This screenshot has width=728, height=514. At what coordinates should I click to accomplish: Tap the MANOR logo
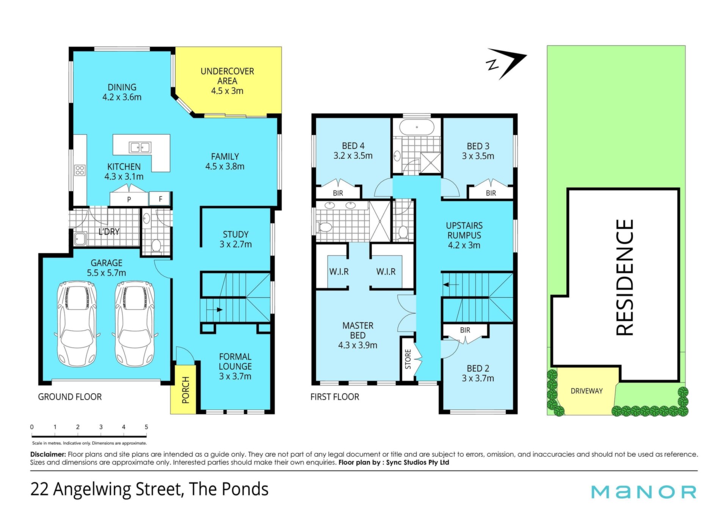[x=644, y=492]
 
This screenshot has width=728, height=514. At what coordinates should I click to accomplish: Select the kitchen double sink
[x=140, y=147]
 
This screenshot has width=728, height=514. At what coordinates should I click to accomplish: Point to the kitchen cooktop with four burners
[x=80, y=170]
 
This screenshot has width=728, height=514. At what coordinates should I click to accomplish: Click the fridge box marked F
[x=160, y=198]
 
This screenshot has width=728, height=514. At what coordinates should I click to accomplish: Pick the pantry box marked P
[x=129, y=199]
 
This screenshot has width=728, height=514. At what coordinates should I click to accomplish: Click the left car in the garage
[x=77, y=323]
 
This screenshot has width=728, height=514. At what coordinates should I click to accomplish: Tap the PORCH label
[x=185, y=390]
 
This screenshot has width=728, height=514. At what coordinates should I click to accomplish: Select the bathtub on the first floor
[x=417, y=127]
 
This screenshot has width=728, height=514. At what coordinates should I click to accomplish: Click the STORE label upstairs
[x=408, y=359]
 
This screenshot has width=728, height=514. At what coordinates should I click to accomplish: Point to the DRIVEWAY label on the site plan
[x=587, y=391]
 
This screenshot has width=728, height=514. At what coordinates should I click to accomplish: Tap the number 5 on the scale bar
[x=146, y=427]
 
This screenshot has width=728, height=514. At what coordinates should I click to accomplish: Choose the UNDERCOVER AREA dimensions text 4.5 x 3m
[x=227, y=91]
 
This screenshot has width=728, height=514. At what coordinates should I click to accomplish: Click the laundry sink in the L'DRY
[x=80, y=239]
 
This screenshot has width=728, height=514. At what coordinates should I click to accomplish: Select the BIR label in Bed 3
[x=491, y=193]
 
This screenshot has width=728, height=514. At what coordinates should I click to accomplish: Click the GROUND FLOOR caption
[x=70, y=397]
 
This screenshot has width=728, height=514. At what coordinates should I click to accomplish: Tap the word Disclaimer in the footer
[x=48, y=454]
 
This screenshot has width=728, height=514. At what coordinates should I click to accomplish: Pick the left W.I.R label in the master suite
[x=339, y=272]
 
